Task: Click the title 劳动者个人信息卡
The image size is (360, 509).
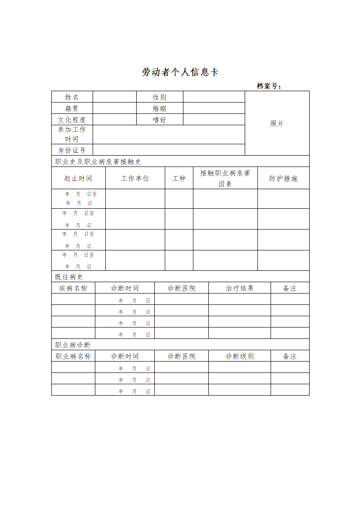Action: [180, 72]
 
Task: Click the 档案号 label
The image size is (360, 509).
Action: [269, 86]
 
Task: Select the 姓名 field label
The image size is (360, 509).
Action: [72, 97]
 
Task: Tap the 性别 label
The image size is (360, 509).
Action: [159, 97]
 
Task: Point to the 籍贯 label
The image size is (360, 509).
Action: [72, 108]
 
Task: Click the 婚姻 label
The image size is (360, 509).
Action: [159, 108]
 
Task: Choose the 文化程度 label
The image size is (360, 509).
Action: [72, 120]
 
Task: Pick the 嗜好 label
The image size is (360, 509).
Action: [159, 120]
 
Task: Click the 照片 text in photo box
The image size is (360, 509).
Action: [277, 123]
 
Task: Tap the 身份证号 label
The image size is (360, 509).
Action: [72, 150]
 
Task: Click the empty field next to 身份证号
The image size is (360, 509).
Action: [168, 150]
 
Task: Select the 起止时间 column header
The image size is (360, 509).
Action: [78, 178]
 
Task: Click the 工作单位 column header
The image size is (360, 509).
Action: [135, 178]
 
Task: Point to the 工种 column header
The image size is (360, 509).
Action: [179, 178]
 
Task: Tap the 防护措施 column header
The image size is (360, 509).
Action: [283, 178]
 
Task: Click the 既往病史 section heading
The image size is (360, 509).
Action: [69, 277]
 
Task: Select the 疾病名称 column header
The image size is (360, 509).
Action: [73, 288]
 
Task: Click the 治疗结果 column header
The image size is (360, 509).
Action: [240, 288]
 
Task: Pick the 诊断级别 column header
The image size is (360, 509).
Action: [240, 356]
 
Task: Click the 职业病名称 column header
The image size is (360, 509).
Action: [73, 356]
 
